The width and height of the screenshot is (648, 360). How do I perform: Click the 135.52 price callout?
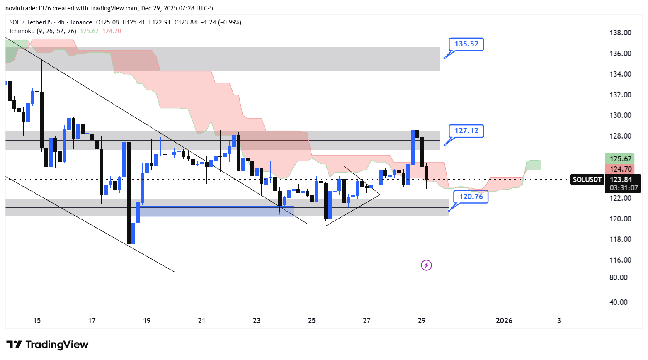click(x=466, y=44)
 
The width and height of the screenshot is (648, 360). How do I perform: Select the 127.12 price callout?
click(x=466, y=131)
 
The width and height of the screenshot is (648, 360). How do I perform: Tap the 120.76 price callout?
click(x=471, y=197)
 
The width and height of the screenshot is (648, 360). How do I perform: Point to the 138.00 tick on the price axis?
click(x=620, y=33)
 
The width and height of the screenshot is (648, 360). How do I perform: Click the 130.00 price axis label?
click(x=620, y=115)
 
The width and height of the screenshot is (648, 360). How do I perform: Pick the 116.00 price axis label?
click(x=620, y=260)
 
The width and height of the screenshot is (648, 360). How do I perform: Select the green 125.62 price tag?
click(x=621, y=159)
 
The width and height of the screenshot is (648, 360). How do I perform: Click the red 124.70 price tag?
click(x=621, y=169)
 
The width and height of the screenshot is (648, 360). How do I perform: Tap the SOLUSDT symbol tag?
click(x=587, y=180)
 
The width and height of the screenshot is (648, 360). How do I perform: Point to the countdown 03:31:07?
click(x=624, y=188)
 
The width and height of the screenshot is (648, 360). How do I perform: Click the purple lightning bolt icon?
click(x=426, y=265)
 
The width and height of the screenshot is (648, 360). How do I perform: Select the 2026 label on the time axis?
click(x=504, y=321)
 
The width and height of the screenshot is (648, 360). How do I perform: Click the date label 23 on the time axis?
click(x=257, y=321)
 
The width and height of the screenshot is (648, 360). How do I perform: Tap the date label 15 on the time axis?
click(x=37, y=321)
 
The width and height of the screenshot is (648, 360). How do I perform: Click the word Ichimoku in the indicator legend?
click(x=22, y=31)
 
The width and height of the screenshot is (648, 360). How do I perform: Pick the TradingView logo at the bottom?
click(x=47, y=345)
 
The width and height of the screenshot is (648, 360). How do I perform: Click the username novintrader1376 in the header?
click(x=28, y=8)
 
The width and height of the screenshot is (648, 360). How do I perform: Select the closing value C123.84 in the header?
click(x=185, y=22)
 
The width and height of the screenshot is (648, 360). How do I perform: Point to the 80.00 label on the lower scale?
click(x=618, y=277)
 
